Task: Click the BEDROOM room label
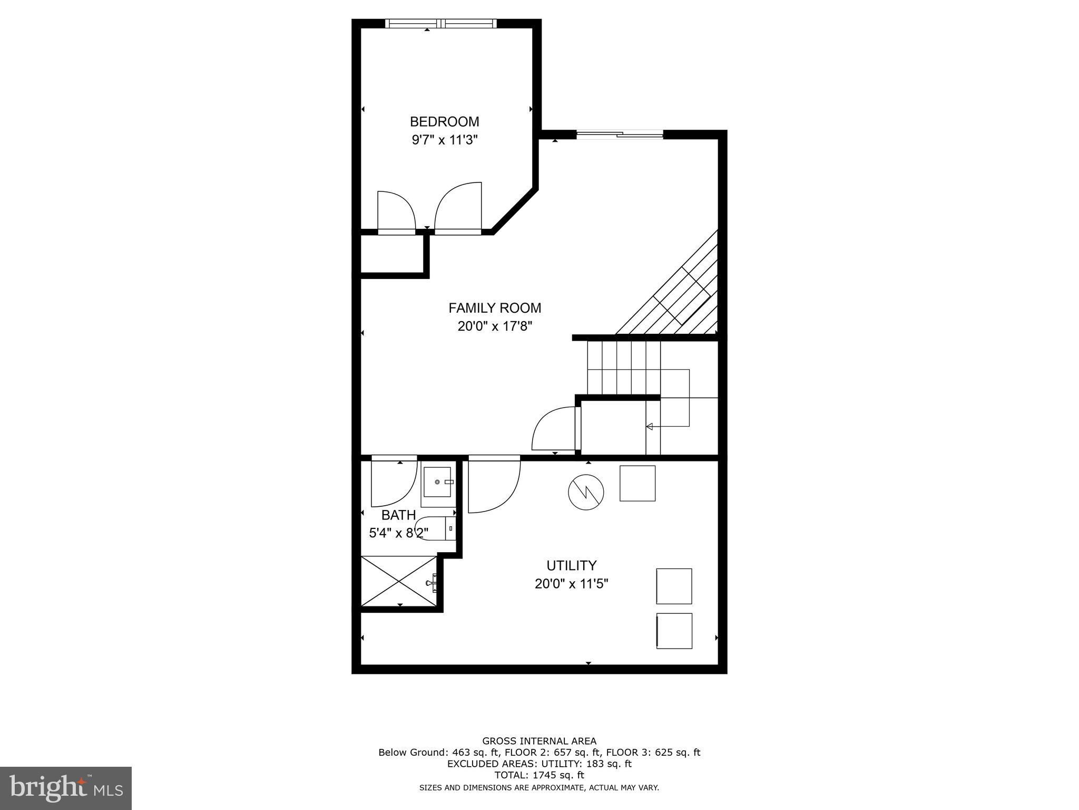point(444,122)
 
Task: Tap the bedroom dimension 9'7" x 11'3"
point(444,140)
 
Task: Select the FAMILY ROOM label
point(494,308)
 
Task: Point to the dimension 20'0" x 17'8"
point(494,326)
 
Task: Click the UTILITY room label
point(571,566)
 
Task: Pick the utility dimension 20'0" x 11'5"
point(571,584)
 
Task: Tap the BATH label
point(398,515)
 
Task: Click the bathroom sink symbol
point(437,482)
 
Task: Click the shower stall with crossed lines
point(399,581)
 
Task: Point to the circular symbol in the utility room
point(585,492)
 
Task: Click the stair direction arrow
point(650,426)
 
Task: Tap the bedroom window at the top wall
point(440,23)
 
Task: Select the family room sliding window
point(620,135)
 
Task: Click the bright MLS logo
point(66,788)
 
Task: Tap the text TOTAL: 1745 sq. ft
point(539,775)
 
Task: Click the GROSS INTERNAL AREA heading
point(539,741)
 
